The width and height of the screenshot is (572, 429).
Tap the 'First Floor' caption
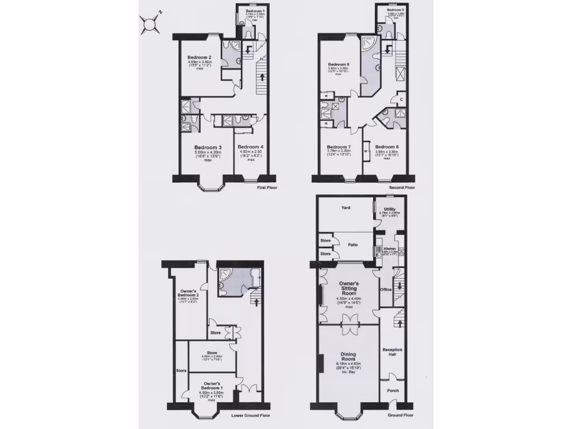tap(267, 188)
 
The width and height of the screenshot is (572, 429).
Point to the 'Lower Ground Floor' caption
tap(251, 416)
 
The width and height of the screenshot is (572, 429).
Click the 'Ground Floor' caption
tap(401, 416)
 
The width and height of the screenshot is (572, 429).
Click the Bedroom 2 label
tap(199, 58)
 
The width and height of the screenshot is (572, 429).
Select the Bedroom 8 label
tap(339, 65)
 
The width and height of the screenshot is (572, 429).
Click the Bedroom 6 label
tap(387, 147)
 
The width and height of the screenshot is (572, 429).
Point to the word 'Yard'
tap(346, 208)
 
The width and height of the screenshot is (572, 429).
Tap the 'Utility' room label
tap(389, 208)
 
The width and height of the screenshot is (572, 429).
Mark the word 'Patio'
tap(353, 244)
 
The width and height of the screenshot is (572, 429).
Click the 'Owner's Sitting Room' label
tap(349, 288)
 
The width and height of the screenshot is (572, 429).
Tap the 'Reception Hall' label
tap(393, 353)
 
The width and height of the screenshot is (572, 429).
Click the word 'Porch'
tap(393, 390)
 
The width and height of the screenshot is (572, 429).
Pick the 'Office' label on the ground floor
tap(385, 289)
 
